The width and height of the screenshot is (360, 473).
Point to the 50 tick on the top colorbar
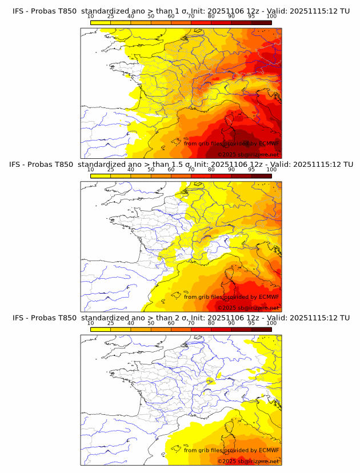click(151, 17)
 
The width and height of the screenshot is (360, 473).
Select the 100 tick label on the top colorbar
click(271, 17)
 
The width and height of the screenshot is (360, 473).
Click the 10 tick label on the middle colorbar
click(90, 170)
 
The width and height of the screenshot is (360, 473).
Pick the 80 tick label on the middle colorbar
click(211, 170)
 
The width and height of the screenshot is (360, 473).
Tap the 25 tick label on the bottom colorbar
click(110, 323)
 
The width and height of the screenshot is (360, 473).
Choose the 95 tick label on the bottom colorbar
click(251, 323)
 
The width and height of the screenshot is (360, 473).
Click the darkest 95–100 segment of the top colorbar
click(261, 22)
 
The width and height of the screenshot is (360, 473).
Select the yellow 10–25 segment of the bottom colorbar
click(101, 328)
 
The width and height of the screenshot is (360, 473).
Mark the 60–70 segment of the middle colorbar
click(181, 175)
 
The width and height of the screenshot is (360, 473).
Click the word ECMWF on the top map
click(269, 143)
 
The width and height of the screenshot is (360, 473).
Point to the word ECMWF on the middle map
click(269, 296)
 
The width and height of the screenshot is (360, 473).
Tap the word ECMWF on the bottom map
click(269, 450)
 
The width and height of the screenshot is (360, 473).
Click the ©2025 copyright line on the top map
click(248, 154)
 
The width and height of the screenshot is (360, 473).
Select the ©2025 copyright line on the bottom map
click(248, 460)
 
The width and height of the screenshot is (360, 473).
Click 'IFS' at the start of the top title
click(18, 11)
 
